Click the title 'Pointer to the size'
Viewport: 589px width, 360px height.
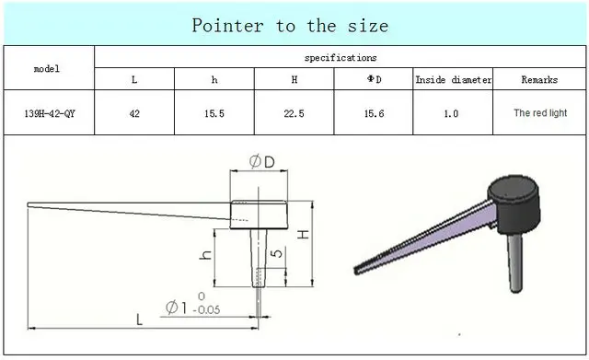(x=290, y=26)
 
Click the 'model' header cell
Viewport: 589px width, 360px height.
(x=47, y=69)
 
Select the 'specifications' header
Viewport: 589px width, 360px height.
(x=341, y=57)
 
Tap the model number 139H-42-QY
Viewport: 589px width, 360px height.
(x=50, y=113)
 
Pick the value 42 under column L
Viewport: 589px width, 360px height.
(x=134, y=113)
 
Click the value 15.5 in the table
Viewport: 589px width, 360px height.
(x=214, y=113)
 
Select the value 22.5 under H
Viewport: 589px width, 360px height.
(x=294, y=113)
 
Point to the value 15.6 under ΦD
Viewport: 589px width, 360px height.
(x=374, y=113)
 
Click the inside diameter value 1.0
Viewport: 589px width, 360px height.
(x=451, y=113)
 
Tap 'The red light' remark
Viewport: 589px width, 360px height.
(x=540, y=112)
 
